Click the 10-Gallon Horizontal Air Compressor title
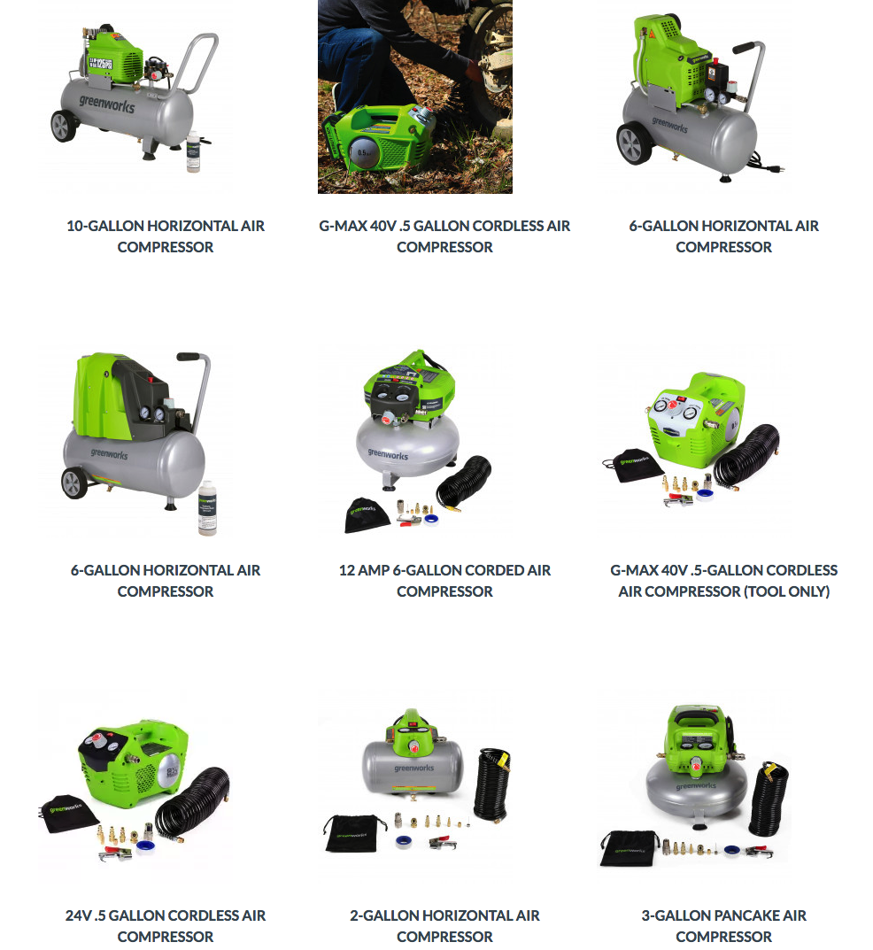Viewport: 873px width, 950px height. coord(166,236)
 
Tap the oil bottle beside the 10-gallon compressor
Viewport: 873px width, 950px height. coord(194,151)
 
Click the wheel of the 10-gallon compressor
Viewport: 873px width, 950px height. coord(63,126)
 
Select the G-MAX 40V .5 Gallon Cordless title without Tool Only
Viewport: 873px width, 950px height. coord(444,236)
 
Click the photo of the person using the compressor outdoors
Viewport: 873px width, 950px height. coord(415,97)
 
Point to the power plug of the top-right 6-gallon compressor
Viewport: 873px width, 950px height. coord(780,166)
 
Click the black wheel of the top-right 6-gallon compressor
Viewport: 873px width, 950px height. coord(634,143)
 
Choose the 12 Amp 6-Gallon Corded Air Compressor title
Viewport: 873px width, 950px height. coord(444,581)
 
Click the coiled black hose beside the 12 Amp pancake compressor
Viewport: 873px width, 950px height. coord(464,483)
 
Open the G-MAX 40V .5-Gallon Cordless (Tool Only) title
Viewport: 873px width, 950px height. coord(724,581)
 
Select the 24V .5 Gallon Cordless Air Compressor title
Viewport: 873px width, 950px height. coord(166,926)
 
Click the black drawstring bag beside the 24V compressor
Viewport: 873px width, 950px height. coord(68,815)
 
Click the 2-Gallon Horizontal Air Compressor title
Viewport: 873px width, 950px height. coord(444,926)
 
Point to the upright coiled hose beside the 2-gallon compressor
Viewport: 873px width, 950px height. coord(491,786)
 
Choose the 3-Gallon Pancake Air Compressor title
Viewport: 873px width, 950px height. coord(724,926)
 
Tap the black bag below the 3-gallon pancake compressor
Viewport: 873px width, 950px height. coord(630,848)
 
